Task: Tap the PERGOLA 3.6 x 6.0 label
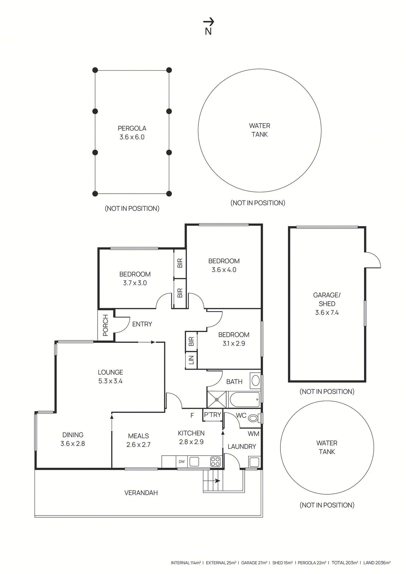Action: pos(132,132)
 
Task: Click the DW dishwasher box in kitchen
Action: pos(181,462)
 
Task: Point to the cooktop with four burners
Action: pos(215,462)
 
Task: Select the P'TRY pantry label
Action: pos(212,415)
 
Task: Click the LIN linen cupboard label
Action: pos(191,360)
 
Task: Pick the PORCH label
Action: pos(105,325)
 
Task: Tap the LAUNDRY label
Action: pos(242,446)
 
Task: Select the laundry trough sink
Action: pos(254,462)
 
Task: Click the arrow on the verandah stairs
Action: pos(217,481)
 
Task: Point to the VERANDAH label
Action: pos(141,493)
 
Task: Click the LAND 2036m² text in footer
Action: pos(377,563)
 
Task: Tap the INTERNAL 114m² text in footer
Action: pos(185,563)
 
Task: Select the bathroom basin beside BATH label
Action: pos(255,381)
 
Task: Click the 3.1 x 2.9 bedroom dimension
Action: pos(234,343)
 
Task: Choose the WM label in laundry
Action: pos(253,434)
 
